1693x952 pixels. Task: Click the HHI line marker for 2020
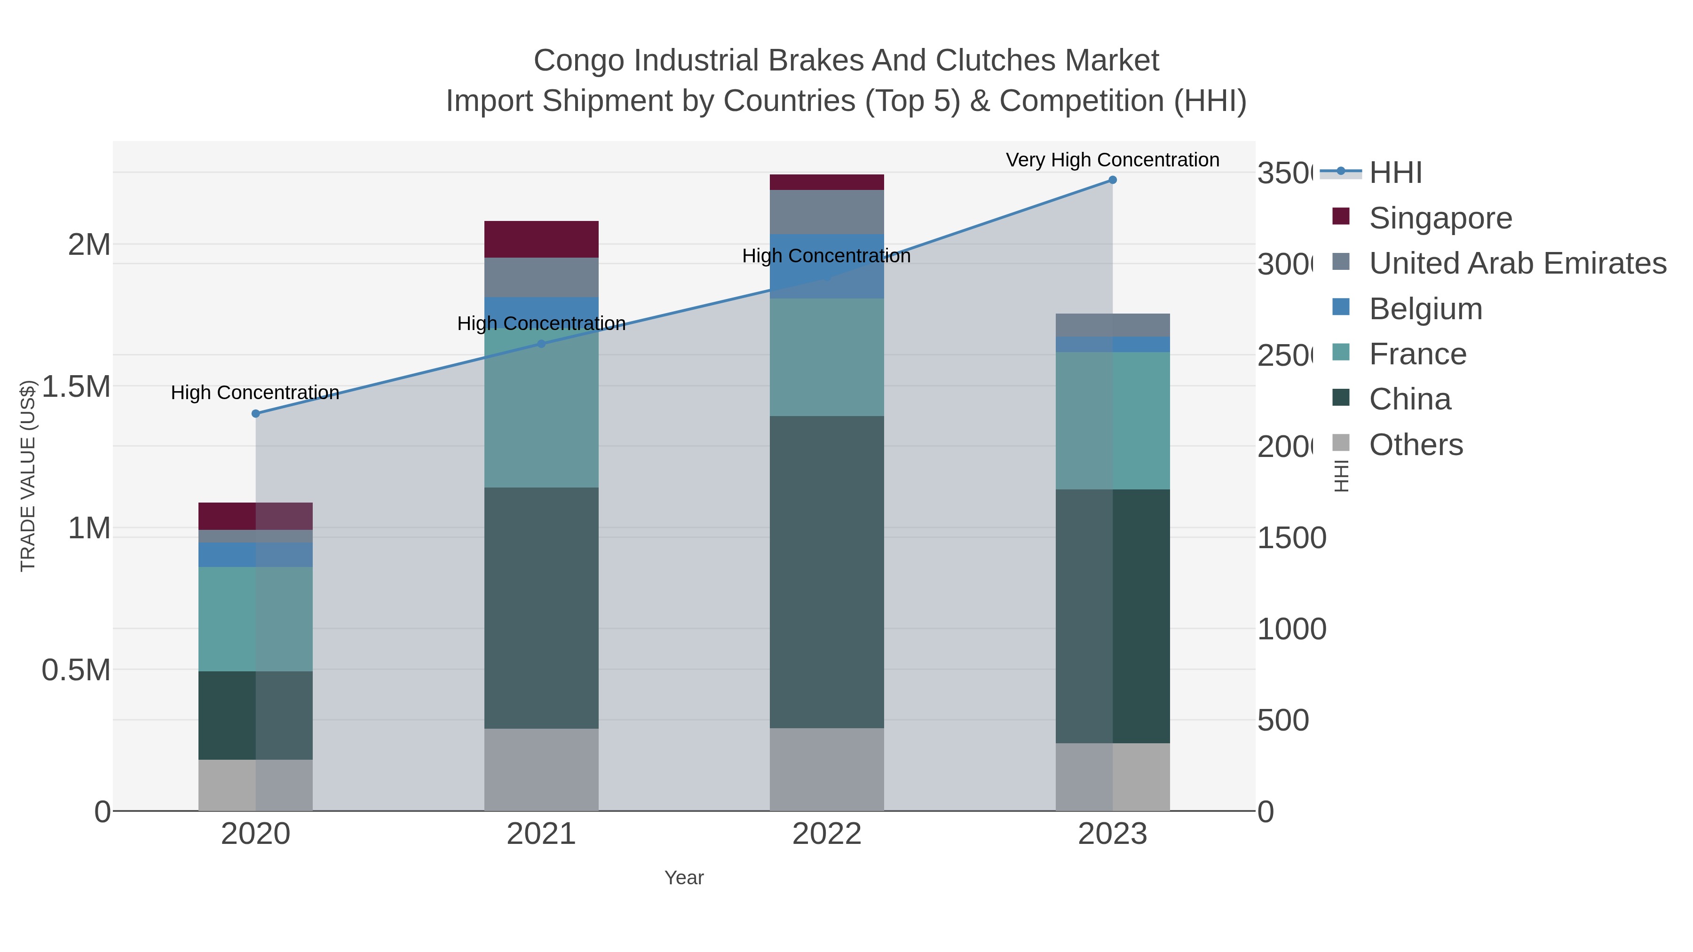click(x=256, y=413)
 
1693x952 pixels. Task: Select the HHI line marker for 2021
click(x=542, y=344)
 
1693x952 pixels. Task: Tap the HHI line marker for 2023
click(x=1112, y=180)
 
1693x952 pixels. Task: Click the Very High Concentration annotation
click(x=1112, y=160)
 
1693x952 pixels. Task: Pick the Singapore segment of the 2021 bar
click(x=542, y=239)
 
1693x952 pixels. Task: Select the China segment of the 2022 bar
click(x=827, y=572)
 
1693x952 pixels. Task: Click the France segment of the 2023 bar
click(x=1112, y=420)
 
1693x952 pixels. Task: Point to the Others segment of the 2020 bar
click(x=256, y=785)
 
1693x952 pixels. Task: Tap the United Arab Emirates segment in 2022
click(x=827, y=212)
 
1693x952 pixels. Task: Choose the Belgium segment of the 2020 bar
click(x=256, y=555)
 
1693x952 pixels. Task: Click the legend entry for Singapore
click(x=1440, y=218)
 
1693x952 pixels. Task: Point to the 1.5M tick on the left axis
click(x=76, y=386)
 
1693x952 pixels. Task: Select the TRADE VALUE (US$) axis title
click(x=28, y=476)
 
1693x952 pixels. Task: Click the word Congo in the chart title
click(x=578, y=61)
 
